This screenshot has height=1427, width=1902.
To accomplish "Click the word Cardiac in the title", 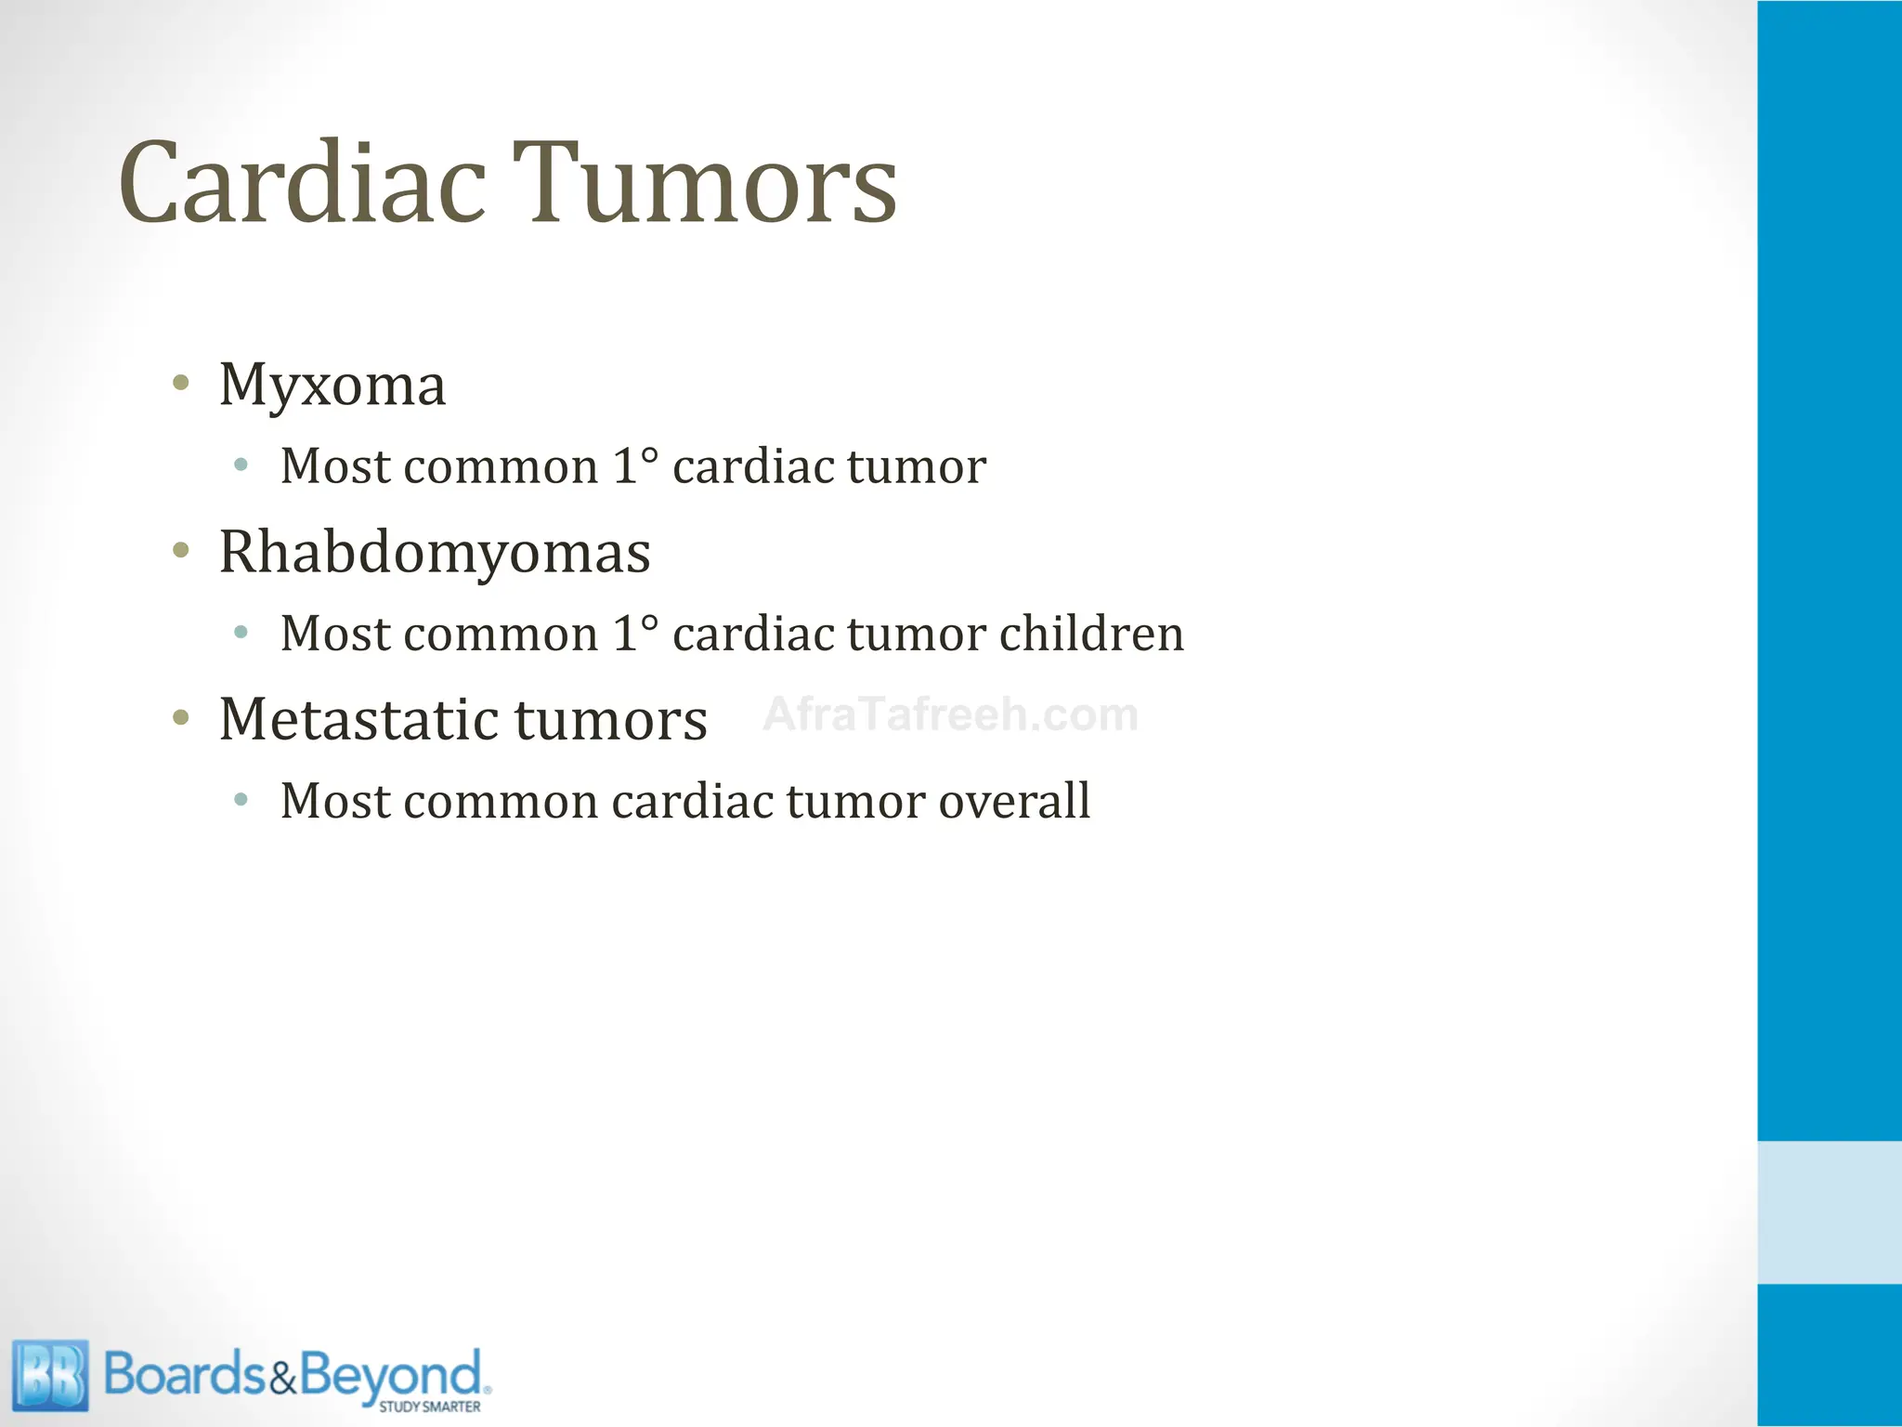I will pos(302,183).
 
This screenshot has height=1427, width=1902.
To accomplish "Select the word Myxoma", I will pos(332,386).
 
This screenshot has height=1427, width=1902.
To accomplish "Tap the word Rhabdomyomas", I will pos(435,553).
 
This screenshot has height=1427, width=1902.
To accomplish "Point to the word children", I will pos(1091,634).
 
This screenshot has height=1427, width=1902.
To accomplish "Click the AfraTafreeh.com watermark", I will pos(950,714).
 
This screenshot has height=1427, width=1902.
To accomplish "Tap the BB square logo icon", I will pos(51,1375).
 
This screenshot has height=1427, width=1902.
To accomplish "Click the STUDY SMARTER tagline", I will pos(429,1407).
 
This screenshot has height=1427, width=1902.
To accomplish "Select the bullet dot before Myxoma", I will pos(181,383).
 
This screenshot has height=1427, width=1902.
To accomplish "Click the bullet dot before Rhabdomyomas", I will pos(181,550).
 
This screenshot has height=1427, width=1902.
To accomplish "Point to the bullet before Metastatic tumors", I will pos(181,717).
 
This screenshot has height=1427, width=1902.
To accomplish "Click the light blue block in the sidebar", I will pos(1830,1211).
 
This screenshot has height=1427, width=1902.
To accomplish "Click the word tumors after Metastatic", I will pos(610,719).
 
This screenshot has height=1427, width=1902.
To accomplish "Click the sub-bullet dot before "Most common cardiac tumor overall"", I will pos(241,799).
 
